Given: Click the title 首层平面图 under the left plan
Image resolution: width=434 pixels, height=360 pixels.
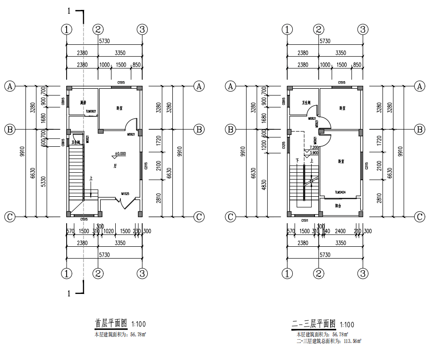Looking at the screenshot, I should pyautogui.click(x=111, y=324).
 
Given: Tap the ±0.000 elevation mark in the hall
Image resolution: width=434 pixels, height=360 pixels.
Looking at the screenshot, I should pyautogui.click(x=120, y=153).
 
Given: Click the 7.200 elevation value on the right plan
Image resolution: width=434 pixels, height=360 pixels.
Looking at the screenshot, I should pyautogui.click(x=314, y=147).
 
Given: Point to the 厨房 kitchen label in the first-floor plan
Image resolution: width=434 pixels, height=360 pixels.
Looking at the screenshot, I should pyautogui.click(x=84, y=102).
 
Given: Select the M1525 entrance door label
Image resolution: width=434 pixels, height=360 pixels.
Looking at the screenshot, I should pyautogui.click(x=126, y=193).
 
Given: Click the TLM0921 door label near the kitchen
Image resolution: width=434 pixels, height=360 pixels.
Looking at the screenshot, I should pyautogui.click(x=91, y=112).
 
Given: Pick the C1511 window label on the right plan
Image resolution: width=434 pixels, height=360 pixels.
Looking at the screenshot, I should pyautogui.click(x=305, y=219).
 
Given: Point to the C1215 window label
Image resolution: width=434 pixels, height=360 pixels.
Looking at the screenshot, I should pyautogui.click(x=283, y=145).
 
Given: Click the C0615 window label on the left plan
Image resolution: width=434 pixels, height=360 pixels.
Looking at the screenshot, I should pyautogui.click(x=63, y=142).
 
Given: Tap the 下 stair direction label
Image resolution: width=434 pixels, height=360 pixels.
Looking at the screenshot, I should pyautogui.click(x=297, y=161).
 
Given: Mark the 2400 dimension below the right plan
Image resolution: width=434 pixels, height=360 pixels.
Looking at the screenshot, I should pyautogui.click(x=340, y=231).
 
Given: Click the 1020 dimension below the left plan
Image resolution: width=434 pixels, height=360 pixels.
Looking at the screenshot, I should pyautogui.click(x=108, y=231).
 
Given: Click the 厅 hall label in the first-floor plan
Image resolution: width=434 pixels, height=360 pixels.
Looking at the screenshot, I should pyautogui.click(x=115, y=167).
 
